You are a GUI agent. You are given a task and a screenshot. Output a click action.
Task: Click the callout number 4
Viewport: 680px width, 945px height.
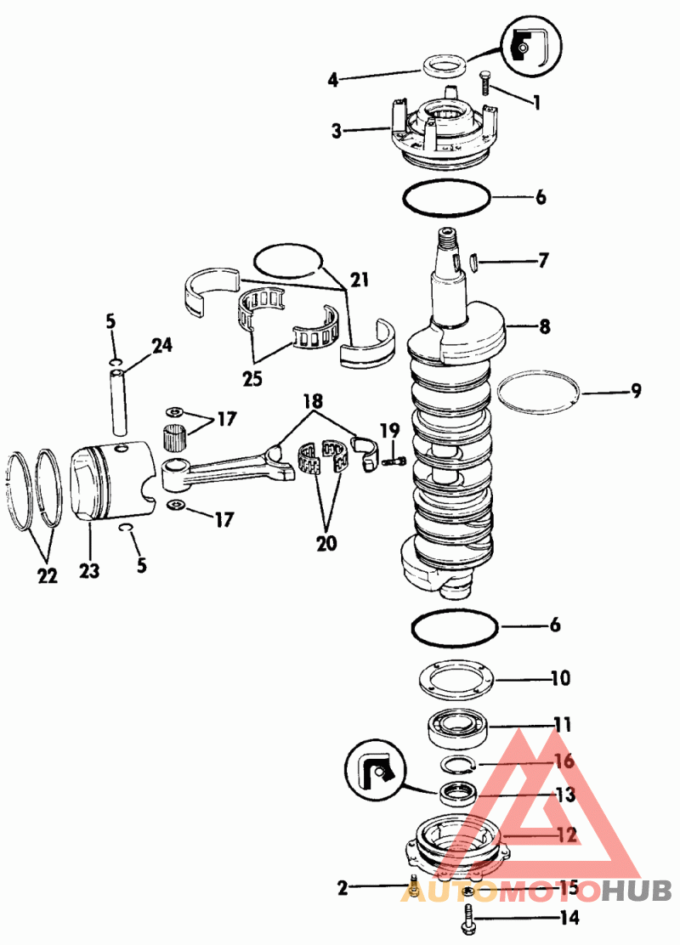[x=333, y=80]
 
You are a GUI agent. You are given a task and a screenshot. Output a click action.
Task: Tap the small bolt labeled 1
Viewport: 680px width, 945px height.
[x=485, y=82]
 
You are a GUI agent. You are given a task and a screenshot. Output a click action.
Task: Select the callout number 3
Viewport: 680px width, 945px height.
[x=337, y=131]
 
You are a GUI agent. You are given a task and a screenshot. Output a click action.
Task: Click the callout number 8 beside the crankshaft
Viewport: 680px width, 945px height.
[x=544, y=326]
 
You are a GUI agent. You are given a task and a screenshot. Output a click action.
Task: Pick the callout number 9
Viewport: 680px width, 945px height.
[x=636, y=391]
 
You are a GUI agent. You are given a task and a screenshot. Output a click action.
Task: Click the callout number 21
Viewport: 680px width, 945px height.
[x=360, y=280]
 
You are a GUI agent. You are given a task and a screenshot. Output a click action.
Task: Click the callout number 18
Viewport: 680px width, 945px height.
[x=313, y=401]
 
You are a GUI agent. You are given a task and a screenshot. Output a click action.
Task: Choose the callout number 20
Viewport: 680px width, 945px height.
[x=326, y=543]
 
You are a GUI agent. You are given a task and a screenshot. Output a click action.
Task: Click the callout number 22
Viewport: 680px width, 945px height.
[x=48, y=575]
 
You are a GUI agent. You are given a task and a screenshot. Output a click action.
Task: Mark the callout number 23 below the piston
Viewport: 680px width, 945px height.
[x=89, y=570]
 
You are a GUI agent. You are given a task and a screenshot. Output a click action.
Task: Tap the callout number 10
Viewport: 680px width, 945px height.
[x=560, y=678]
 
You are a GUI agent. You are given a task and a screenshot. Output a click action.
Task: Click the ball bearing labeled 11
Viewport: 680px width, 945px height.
[x=457, y=727]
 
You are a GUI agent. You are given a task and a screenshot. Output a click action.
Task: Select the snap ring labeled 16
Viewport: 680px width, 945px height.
[x=457, y=764]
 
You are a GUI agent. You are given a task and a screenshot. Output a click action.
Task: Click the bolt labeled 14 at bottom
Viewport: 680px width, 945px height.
[x=468, y=918]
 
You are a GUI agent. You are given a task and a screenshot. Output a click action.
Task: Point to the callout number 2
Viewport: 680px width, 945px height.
[x=343, y=888]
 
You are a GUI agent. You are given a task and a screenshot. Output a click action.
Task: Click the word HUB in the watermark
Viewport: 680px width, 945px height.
[x=637, y=891]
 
